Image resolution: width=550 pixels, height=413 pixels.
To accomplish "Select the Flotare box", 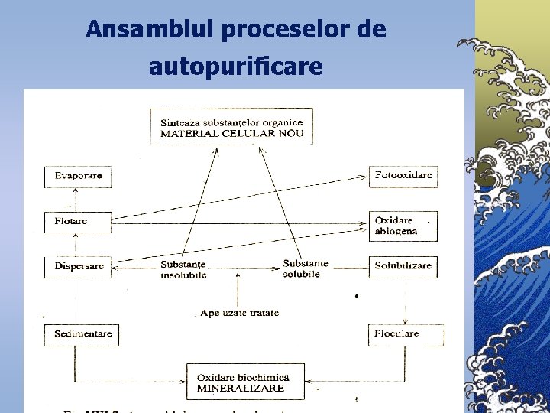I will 74,222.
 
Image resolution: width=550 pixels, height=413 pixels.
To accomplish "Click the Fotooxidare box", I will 403,176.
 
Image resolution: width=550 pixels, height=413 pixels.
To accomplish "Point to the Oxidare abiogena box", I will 403,226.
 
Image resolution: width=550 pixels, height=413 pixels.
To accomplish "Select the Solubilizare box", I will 403,266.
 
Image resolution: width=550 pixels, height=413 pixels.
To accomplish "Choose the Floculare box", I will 403,333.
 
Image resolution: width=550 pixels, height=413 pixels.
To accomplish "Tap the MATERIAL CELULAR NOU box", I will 231,127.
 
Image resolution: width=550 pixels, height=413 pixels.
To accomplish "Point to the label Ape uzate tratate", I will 240,313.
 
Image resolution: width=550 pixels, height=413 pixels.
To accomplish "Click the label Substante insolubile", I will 183,270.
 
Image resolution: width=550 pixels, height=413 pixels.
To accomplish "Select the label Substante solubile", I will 306,268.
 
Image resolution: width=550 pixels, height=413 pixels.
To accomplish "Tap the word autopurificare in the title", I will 236,67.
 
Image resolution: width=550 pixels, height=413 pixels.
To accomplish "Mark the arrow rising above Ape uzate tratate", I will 239,289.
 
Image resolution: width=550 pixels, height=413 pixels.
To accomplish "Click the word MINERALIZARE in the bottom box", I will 240,389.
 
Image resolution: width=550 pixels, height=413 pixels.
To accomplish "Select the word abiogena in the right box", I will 396,232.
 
